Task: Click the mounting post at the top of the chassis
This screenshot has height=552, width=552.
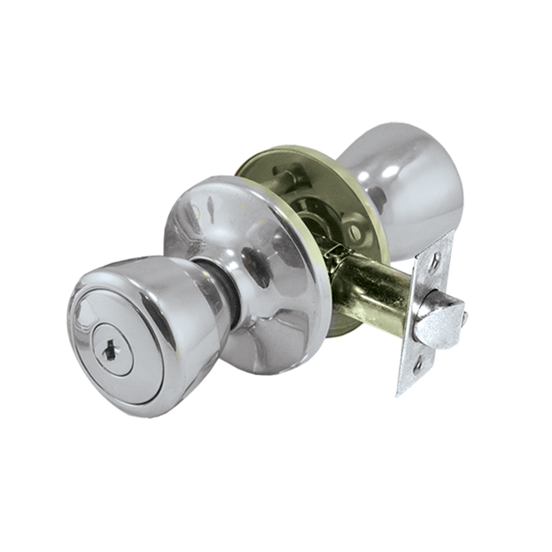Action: [x=282, y=182]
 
